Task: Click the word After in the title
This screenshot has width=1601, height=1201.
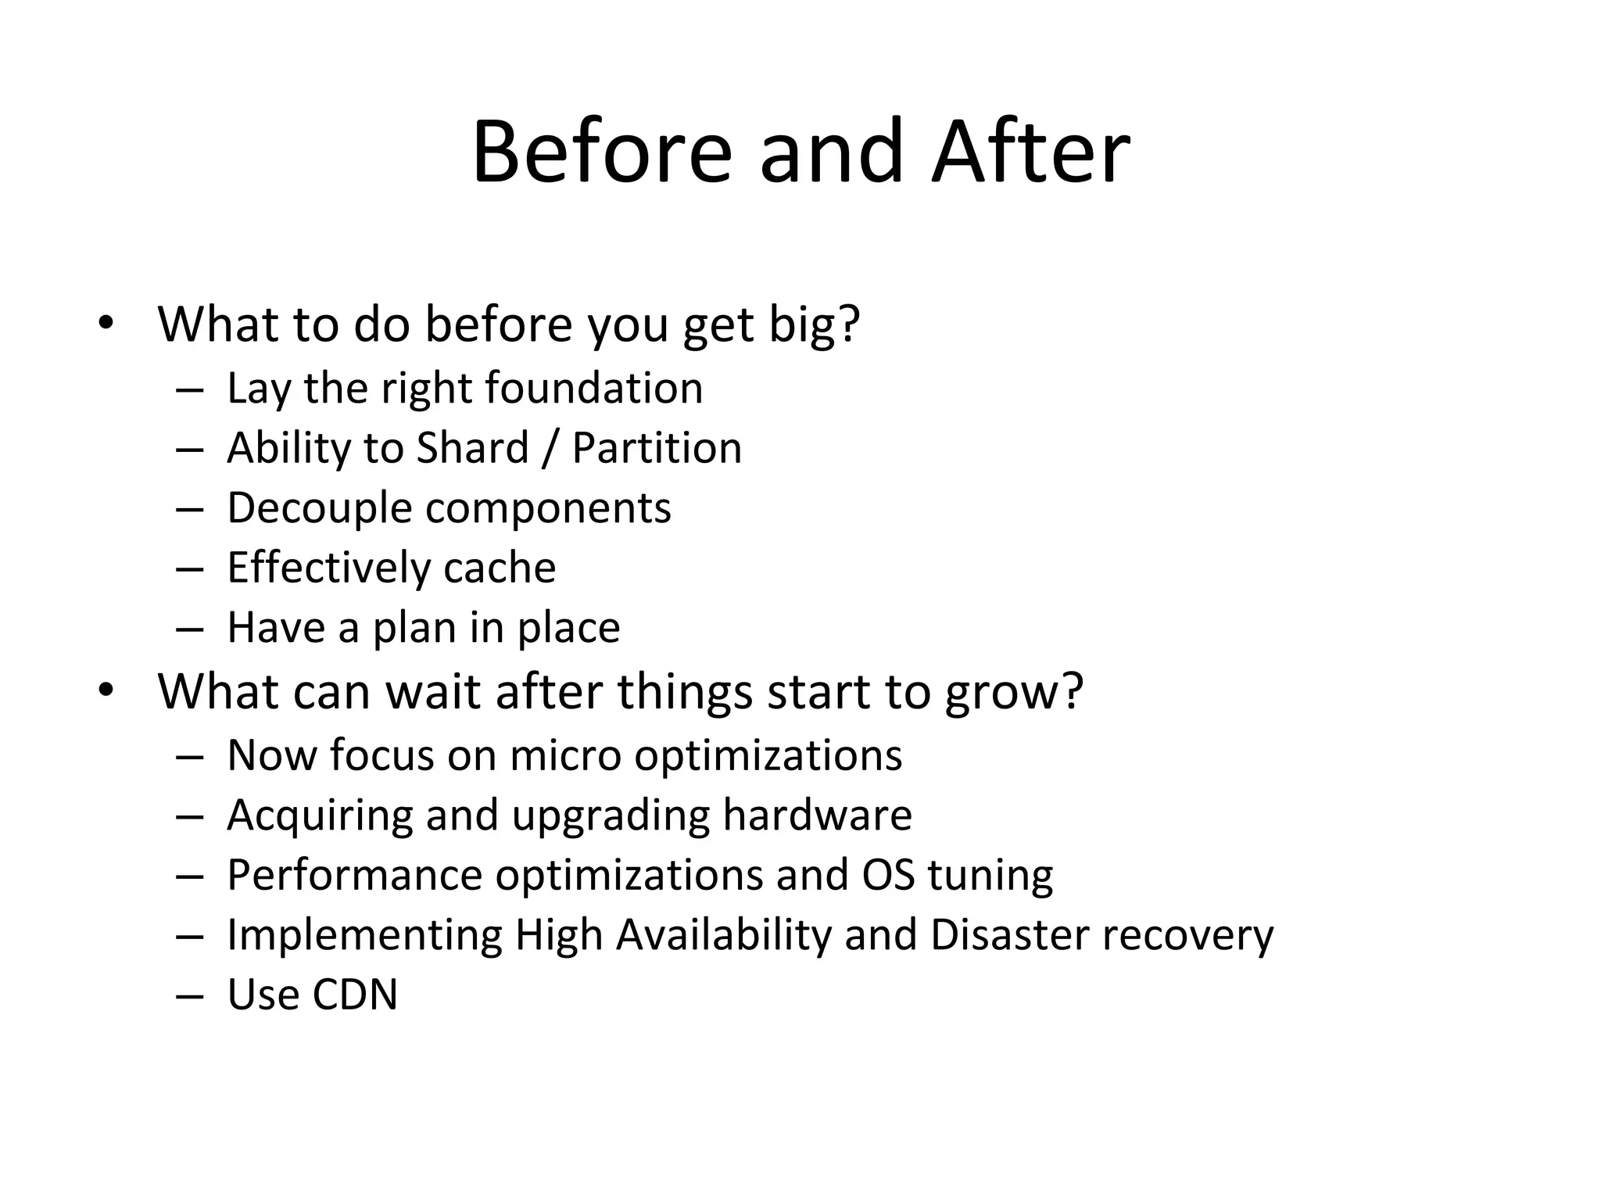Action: [1030, 152]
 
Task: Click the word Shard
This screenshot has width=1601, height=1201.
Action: [472, 448]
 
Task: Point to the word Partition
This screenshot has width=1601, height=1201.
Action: [657, 448]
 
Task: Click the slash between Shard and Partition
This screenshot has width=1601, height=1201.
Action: [550, 448]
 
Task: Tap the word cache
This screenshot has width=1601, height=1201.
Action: [500, 568]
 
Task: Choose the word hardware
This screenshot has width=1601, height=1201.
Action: [817, 816]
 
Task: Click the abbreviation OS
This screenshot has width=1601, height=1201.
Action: [888, 875]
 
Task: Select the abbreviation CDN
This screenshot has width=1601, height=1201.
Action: [355, 995]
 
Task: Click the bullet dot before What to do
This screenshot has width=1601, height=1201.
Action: [106, 322]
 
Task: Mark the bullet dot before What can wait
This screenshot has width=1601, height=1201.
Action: [106, 690]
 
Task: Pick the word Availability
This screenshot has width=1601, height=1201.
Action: [724, 935]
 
